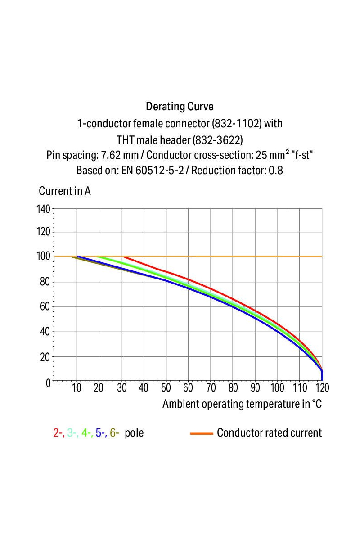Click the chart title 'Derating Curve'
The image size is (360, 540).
(180, 107)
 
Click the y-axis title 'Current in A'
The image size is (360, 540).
(65, 191)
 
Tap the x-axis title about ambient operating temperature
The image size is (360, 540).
(242, 404)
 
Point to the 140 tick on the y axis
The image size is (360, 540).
(45, 209)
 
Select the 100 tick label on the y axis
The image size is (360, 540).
(45, 257)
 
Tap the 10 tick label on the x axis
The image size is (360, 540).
(76, 388)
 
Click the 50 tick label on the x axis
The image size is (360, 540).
(166, 388)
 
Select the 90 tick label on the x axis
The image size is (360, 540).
(255, 388)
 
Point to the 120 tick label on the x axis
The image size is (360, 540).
(322, 388)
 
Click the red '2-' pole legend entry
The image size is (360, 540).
(58, 433)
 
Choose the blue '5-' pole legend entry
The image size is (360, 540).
(100, 433)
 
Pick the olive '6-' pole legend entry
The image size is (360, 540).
(114, 433)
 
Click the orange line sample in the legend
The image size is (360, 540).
(201, 433)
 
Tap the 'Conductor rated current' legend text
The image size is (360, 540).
(269, 433)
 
